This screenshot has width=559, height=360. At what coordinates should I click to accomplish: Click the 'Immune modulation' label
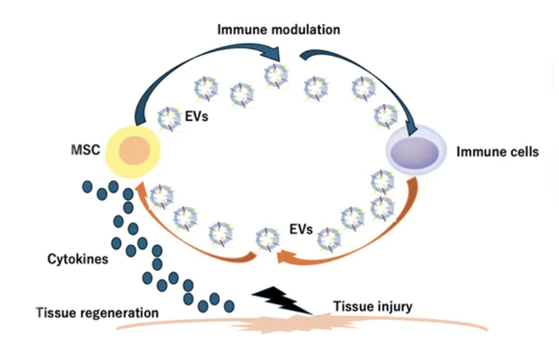(278, 30)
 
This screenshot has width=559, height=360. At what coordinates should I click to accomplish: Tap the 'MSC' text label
(86, 150)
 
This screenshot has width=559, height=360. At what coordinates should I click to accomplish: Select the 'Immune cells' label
(497, 152)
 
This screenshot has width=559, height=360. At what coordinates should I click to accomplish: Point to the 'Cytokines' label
(78, 259)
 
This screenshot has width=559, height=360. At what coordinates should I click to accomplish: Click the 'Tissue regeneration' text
(98, 313)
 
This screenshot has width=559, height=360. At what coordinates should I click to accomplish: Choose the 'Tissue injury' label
(373, 306)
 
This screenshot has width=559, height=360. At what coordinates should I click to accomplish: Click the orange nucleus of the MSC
(135, 150)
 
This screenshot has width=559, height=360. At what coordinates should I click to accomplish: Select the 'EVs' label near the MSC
(197, 116)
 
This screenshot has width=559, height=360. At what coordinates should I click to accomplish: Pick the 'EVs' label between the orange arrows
(301, 229)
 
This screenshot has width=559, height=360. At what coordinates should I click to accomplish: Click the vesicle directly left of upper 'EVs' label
(170, 119)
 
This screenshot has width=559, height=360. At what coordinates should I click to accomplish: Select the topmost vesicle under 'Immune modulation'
(276, 76)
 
